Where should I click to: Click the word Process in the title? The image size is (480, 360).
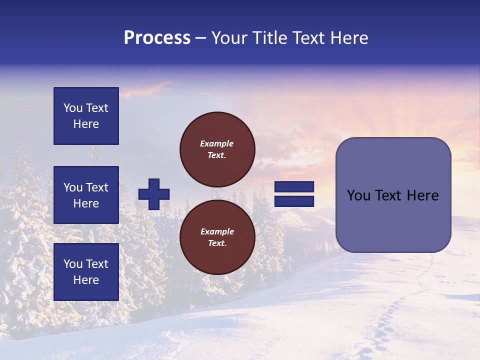pyautogui.click(x=157, y=38)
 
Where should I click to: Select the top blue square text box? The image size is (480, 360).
pyautogui.click(x=86, y=116)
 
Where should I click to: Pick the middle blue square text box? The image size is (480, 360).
pyautogui.click(x=86, y=195)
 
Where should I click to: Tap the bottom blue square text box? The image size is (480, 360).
pyautogui.click(x=86, y=272)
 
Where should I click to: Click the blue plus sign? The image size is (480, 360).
pyautogui.click(x=154, y=194)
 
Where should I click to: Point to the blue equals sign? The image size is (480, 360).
pyautogui.click(x=294, y=194)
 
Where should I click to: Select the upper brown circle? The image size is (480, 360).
pyautogui.click(x=217, y=149)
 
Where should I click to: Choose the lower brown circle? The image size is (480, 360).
pyautogui.click(x=217, y=237)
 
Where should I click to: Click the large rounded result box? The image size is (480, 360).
pyautogui.click(x=393, y=195)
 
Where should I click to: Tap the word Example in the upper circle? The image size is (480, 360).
pyautogui.click(x=217, y=143)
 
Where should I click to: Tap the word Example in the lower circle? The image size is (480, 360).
pyautogui.click(x=217, y=231)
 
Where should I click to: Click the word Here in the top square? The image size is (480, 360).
pyautogui.click(x=86, y=124)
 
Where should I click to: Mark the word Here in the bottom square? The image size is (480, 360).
pyautogui.click(x=86, y=280)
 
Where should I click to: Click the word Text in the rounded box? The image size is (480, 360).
pyautogui.click(x=388, y=195)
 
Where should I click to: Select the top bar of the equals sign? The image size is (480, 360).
pyautogui.click(x=294, y=187)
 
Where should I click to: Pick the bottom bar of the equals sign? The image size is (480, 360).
pyautogui.click(x=294, y=201)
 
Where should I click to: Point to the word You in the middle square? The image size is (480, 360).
pyautogui.click(x=72, y=187)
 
